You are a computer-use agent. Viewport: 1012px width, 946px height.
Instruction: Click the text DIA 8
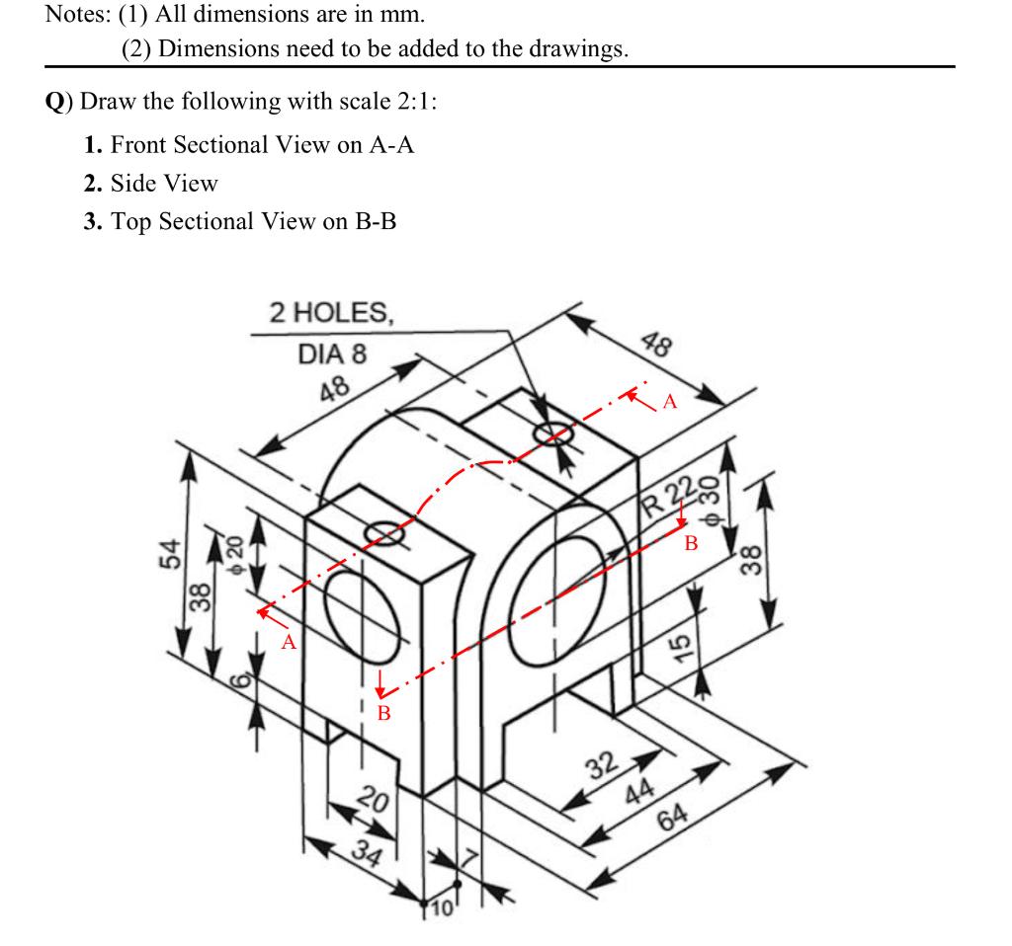point(332,354)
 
